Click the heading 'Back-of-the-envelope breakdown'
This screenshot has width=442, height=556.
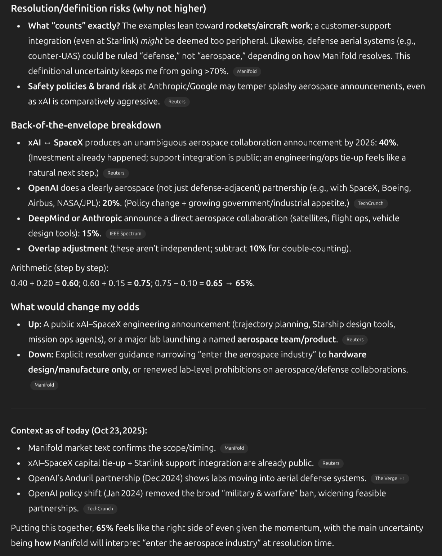(x=86, y=125)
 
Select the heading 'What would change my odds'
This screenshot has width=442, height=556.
(x=75, y=307)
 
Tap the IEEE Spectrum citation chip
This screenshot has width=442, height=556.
(x=125, y=234)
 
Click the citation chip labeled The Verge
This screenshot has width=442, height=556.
(x=386, y=478)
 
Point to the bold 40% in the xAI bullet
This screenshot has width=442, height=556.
(x=388, y=142)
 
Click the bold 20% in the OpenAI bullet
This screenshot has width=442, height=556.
(x=111, y=203)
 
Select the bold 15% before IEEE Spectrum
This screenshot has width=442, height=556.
(x=91, y=233)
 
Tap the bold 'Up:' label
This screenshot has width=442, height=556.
(x=35, y=324)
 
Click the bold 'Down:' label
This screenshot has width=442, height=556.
(x=41, y=354)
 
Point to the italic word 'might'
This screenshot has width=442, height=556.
(x=151, y=41)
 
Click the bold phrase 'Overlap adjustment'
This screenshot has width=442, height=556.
(x=68, y=248)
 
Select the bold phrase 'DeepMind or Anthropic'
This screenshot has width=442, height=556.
(x=75, y=218)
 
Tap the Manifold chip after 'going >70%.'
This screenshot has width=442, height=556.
(x=247, y=71)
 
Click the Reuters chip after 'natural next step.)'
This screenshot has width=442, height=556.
(x=116, y=173)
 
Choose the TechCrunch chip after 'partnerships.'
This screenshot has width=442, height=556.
(x=100, y=509)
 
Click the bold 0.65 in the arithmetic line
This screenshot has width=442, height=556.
(x=214, y=283)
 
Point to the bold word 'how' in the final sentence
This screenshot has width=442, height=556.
(x=43, y=543)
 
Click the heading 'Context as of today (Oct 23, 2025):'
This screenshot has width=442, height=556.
(x=79, y=431)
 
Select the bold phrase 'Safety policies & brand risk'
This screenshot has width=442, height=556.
(x=82, y=86)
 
